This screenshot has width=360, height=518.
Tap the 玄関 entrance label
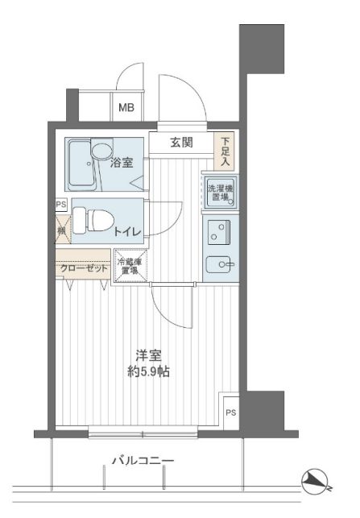181,143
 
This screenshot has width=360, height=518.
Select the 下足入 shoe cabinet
226,151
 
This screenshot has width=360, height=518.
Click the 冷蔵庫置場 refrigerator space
132,267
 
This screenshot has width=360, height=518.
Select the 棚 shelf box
61,231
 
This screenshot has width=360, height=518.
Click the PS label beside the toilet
60,205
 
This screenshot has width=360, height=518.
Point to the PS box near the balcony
230,414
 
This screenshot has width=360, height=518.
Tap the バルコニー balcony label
142,461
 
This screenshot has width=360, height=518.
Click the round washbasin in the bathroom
102,151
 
